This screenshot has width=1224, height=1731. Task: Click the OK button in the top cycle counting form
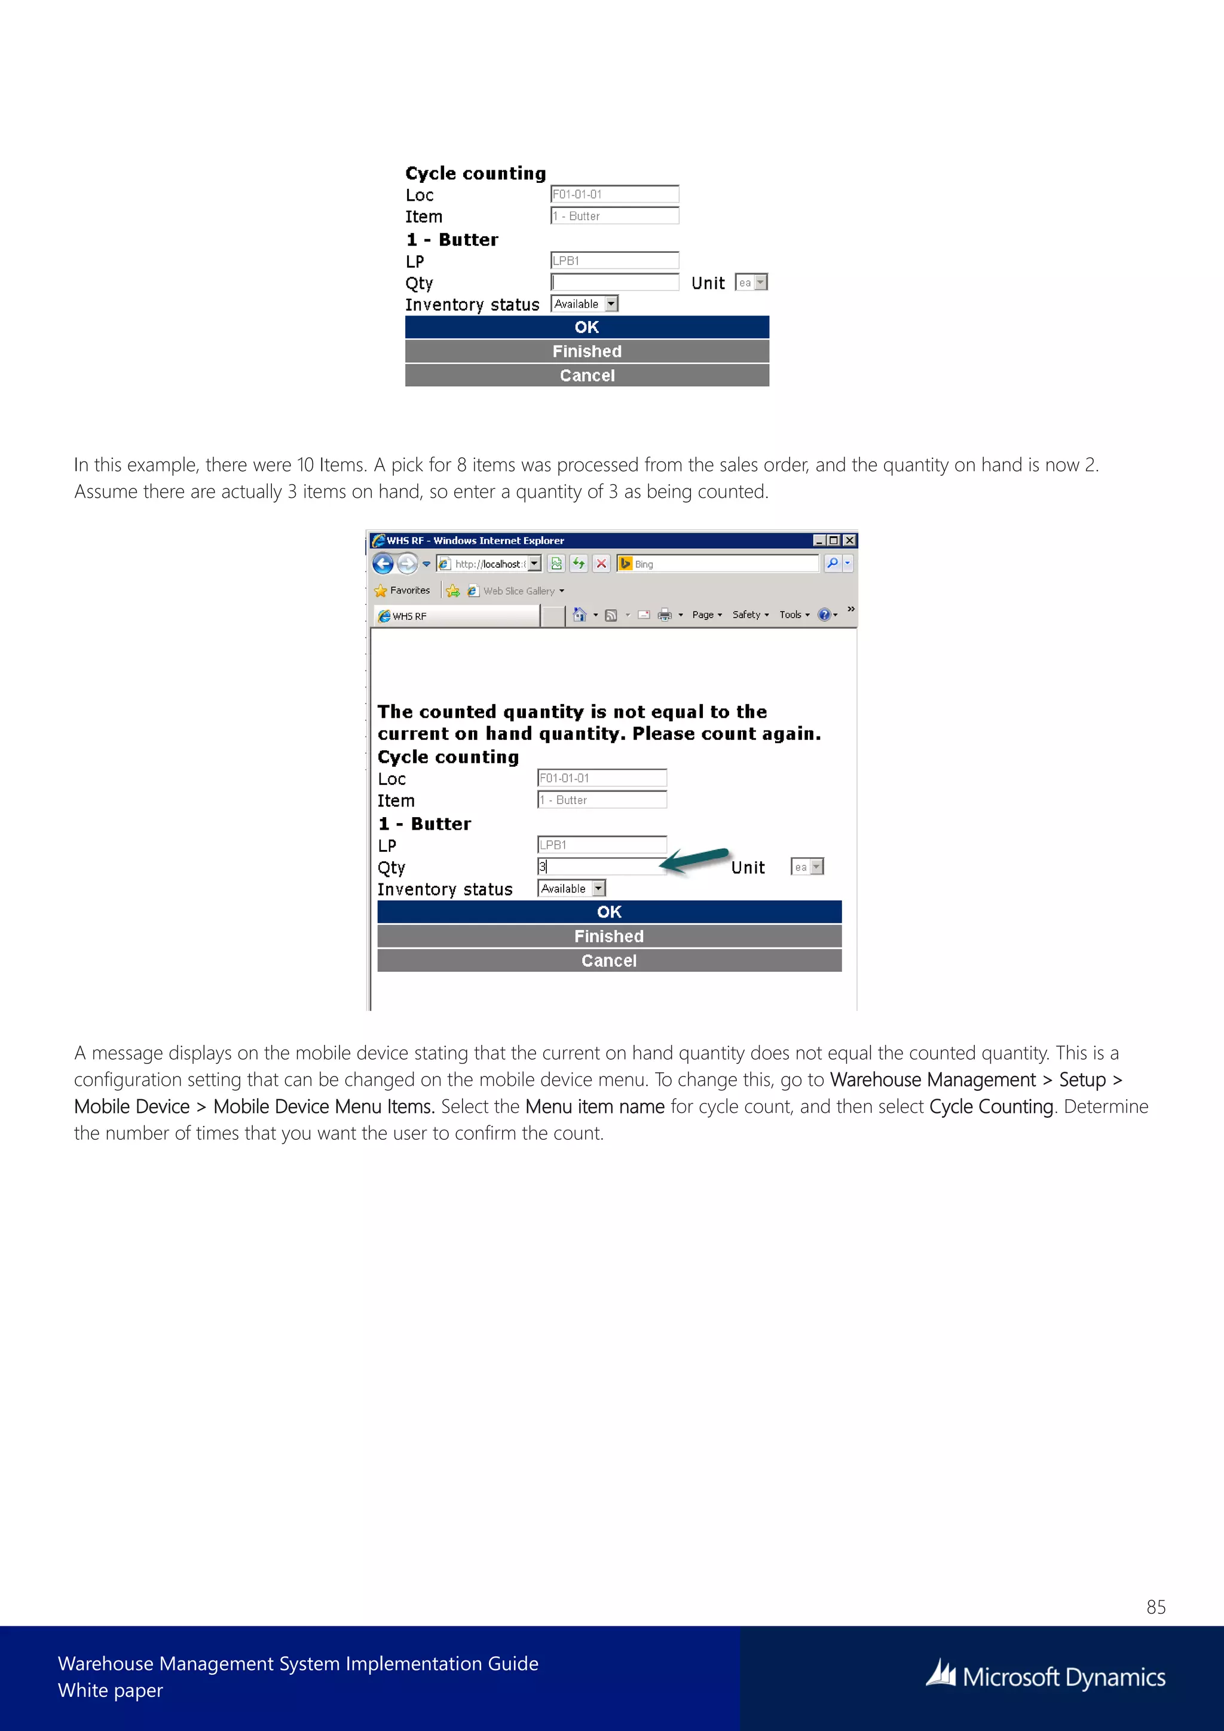[x=586, y=327]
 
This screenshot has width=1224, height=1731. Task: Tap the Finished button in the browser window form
[x=609, y=937]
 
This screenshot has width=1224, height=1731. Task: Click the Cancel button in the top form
[x=586, y=375]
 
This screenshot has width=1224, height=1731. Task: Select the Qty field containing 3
[x=601, y=867]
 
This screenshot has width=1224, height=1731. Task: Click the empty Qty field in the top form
[x=614, y=282]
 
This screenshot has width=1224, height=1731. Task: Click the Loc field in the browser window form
[x=601, y=778]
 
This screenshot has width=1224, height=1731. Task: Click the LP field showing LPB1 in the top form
[x=614, y=261]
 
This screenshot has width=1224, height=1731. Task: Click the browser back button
[x=383, y=564]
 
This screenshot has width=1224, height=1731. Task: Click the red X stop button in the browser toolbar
[x=601, y=563]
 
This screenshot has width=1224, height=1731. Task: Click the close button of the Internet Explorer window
[x=849, y=540]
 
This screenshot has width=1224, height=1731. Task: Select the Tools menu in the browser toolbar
[x=794, y=615]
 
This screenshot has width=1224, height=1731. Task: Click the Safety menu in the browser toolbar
[x=750, y=615]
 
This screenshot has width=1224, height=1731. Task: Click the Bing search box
[x=724, y=564]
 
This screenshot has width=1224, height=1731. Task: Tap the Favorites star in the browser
[x=381, y=591]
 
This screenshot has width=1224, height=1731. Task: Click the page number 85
[x=1155, y=1607]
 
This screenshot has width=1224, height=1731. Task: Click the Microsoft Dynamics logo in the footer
[x=1045, y=1677]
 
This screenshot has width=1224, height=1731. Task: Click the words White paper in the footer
[x=111, y=1690]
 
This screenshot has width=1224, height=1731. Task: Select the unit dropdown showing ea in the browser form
[x=806, y=867]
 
